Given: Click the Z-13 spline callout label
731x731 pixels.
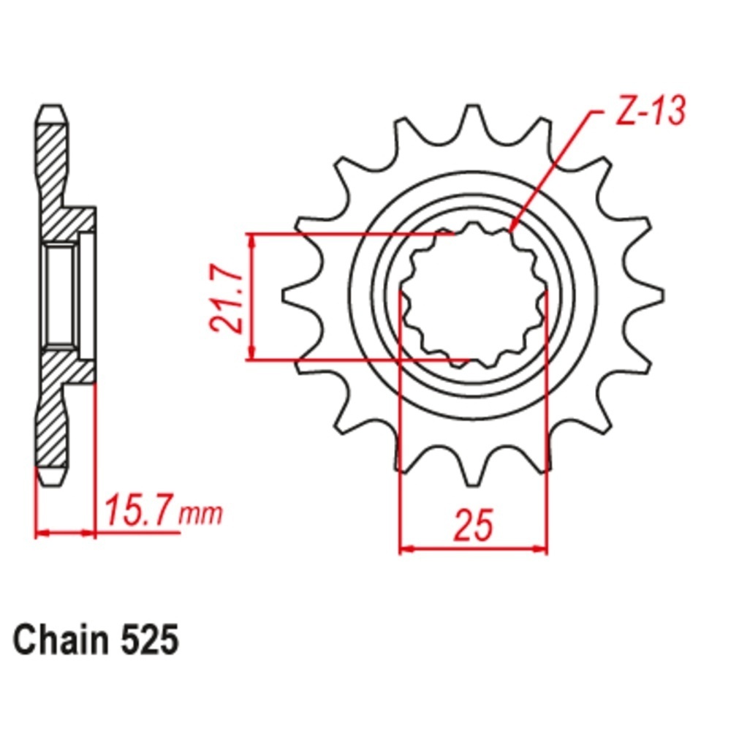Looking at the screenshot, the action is click(x=651, y=111).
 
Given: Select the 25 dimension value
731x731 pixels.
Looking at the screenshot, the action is click(x=473, y=525).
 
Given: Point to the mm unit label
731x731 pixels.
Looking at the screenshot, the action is click(x=202, y=514).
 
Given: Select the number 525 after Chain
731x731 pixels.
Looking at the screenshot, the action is click(x=150, y=640).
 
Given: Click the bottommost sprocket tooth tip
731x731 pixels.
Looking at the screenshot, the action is click(x=473, y=485).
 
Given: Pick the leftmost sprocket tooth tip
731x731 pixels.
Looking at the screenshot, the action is click(x=284, y=295).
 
